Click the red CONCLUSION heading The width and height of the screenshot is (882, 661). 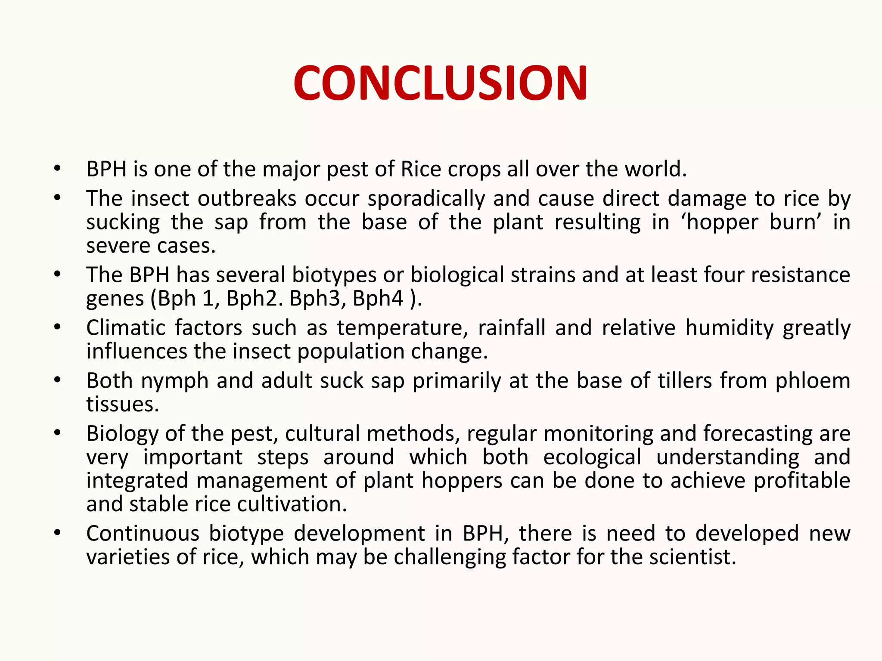pyautogui.click(x=440, y=83)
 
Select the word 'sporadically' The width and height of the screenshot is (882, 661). pyautogui.click(x=426, y=199)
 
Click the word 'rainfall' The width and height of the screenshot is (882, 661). pyautogui.click(x=512, y=328)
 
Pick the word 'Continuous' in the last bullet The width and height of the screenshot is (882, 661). pyautogui.click(x=143, y=534)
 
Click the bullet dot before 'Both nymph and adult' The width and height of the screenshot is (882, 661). pyautogui.click(x=57, y=380)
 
